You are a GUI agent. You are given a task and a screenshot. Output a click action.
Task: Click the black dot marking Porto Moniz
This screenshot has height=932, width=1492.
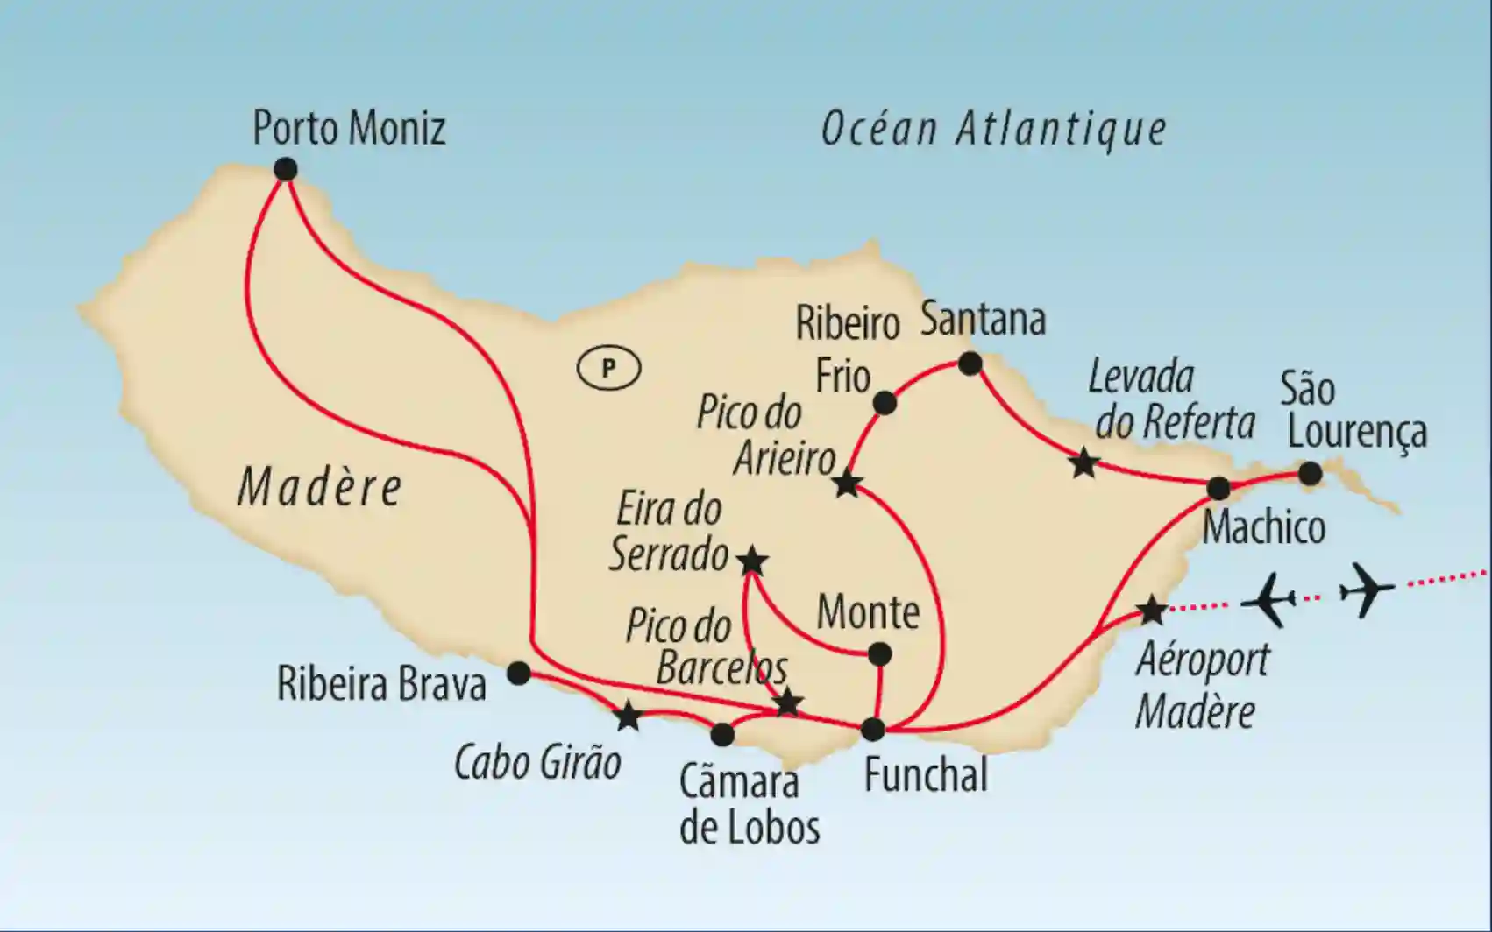pos(285,169)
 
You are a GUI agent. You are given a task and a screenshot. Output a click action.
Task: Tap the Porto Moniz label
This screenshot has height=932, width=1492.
pos(349,128)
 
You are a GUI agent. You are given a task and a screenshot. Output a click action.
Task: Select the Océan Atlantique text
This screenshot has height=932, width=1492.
pos(993,130)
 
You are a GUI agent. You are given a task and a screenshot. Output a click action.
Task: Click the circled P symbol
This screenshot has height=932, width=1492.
pos(608,368)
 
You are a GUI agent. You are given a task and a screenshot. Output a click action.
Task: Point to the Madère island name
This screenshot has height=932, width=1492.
pos(320,487)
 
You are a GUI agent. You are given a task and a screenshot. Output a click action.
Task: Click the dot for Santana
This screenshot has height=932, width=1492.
pos(970,364)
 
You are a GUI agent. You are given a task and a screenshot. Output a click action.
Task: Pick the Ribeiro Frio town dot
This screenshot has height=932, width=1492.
pos(885,403)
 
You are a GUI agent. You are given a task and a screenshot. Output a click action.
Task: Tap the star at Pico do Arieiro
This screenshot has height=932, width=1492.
pos(847,484)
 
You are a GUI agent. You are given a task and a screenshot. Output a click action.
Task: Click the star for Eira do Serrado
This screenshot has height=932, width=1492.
pos(752,561)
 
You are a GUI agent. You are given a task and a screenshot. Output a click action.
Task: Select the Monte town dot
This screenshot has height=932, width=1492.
pos(878,654)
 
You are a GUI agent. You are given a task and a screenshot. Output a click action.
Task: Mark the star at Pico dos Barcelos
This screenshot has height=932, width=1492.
pos(788,702)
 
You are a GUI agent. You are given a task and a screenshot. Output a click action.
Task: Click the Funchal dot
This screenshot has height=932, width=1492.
pos(873,729)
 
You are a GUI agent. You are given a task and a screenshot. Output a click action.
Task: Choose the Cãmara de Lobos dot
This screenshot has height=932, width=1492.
pos(722,734)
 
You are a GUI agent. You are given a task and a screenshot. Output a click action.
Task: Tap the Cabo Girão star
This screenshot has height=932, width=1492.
pos(628,717)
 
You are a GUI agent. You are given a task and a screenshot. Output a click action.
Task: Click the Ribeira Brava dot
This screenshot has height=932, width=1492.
pos(519,674)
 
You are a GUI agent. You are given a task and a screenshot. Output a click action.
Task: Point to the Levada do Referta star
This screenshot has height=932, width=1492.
pos(1084,462)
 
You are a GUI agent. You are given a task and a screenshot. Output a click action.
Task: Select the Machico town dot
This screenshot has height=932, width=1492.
pos(1218,488)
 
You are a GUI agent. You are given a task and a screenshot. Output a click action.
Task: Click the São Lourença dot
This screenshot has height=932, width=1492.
pos(1310,474)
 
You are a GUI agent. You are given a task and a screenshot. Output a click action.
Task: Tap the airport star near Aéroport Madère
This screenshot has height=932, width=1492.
pos(1151,610)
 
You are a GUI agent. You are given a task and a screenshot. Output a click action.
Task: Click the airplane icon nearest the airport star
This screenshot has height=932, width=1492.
pos(1269,600)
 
